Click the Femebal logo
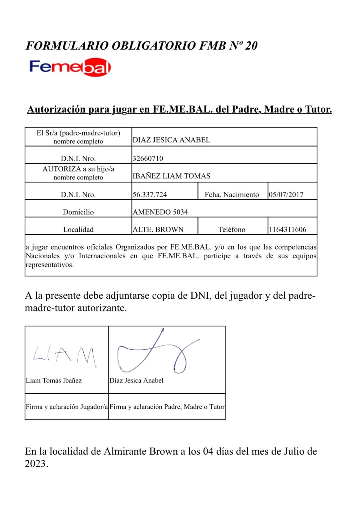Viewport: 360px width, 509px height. [x=70, y=67]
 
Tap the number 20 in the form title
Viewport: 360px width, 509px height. [x=251, y=46]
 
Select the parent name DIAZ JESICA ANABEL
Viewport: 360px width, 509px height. [x=171, y=140]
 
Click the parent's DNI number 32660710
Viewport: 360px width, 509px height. [x=148, y=158]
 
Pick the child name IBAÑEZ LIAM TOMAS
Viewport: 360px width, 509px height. [x=171, y=176]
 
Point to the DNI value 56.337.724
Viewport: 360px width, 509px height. [x=150, y=194]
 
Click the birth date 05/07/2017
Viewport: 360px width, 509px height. [x=286, y=194]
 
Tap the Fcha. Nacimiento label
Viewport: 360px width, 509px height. [x=232, y=194]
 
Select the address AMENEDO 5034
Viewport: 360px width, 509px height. [x=160, y=212]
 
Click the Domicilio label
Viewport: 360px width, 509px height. [x=78, y=212]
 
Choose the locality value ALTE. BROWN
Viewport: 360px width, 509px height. [x=158, y=229]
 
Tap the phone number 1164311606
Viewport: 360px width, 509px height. [x=287, y=229]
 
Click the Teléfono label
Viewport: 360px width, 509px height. [x=232, y=229]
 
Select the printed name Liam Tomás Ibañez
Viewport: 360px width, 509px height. [x=54, y=380]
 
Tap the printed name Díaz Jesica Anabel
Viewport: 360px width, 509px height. [x=136, y=380]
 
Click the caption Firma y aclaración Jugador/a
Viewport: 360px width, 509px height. [x=67, y=407]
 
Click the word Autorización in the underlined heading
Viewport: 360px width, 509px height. [x=56, y=109]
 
